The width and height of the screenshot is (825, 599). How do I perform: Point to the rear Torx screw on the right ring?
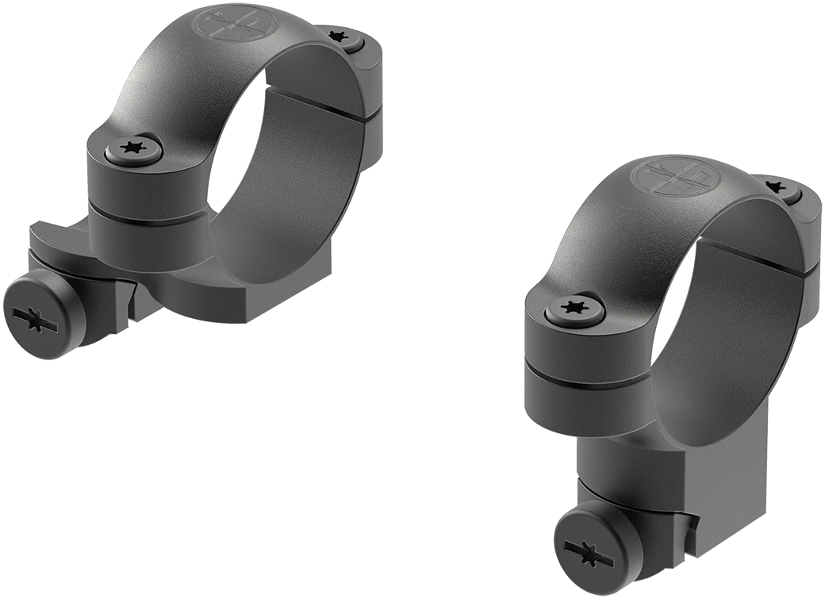click(x=777, y=188)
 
